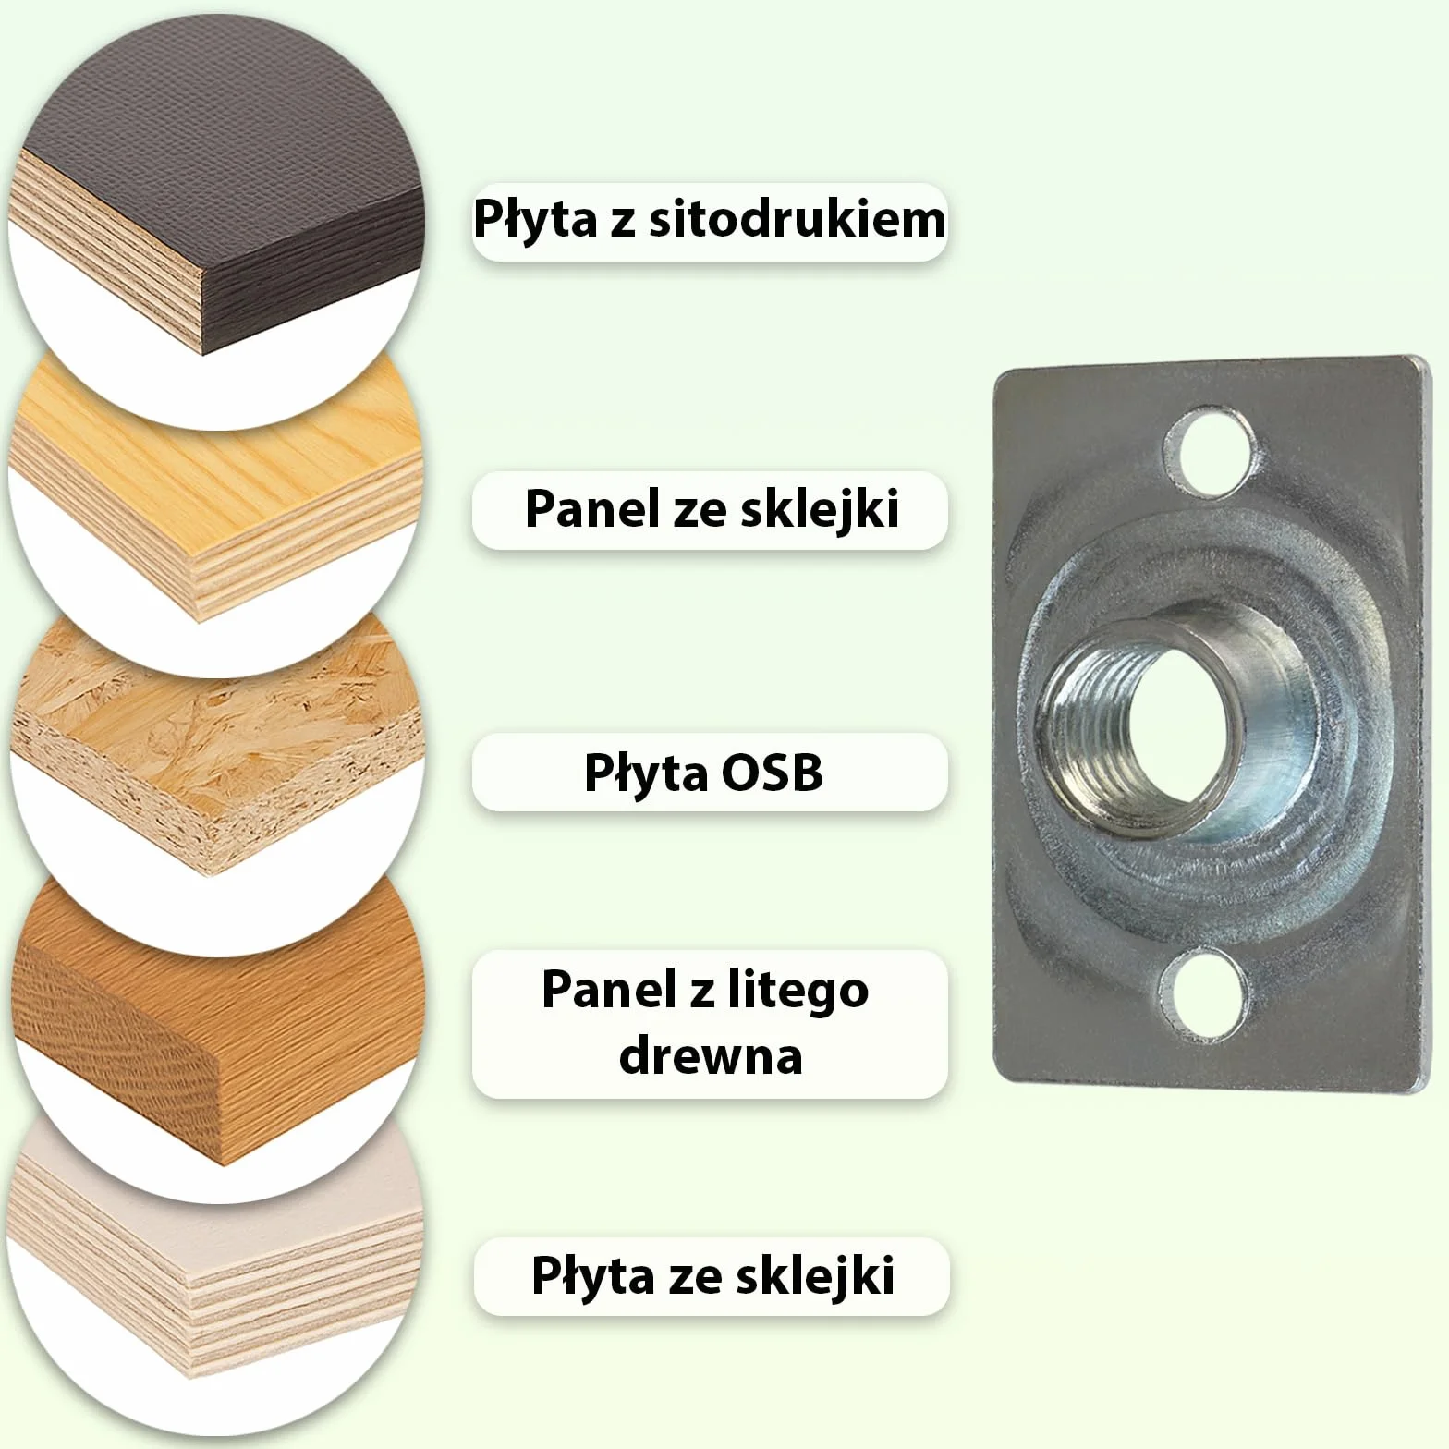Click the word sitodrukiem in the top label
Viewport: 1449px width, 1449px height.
coord(797,220)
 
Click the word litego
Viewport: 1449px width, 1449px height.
coord(795,992)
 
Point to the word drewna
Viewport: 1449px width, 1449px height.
coord(711,1054)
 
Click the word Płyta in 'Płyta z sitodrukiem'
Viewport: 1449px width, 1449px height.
coord(535,220)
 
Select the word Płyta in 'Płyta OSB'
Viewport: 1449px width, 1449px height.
coord(645,773)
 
